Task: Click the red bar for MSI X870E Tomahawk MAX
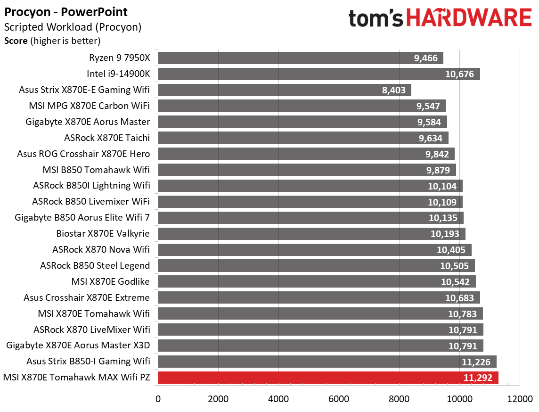[x=328, y=378]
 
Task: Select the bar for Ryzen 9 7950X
[x=301, y=58]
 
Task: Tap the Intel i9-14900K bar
[x=318, y=74]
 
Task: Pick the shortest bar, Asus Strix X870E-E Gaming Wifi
[x=285, y=90]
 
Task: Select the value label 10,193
[x=447, y=234]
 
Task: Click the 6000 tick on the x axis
[x=339, y=398]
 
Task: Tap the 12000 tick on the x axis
[x=520, y=398]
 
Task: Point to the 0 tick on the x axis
[x=158, y=398]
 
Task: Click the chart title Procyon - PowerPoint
[x=66, y=12]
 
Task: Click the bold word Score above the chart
[x=16, y=41]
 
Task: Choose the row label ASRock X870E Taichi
[x=107, y=138]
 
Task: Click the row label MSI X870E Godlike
[x=111, y=282]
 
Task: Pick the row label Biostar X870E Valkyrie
[x=103, y=234]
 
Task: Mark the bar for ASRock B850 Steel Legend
[x=316, y=266]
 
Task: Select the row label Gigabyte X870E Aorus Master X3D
[x=78, y=346]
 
